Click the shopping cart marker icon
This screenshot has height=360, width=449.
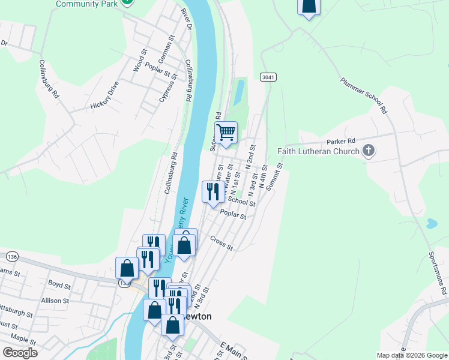coord(226,132)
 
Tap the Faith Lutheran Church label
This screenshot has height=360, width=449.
coord(318,151)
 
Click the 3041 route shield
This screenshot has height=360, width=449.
coord(268,77)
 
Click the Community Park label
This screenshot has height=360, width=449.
coord(86,4)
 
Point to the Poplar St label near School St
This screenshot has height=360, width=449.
coord(234,214)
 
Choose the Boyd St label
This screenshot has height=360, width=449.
coord(59,284)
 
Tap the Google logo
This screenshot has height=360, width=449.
coord(20,353)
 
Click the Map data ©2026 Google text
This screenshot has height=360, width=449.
coord(411,355)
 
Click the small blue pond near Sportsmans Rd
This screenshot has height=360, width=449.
coord(430,224)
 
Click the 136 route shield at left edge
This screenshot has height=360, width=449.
coord(11,257)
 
